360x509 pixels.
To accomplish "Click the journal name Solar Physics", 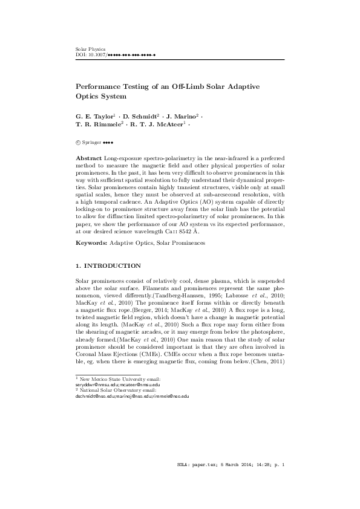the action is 90,48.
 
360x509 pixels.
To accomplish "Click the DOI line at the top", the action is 116,54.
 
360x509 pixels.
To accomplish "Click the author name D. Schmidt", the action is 140,115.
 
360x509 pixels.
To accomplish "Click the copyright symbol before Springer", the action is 77,143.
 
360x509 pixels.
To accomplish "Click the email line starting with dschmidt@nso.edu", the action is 129,396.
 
